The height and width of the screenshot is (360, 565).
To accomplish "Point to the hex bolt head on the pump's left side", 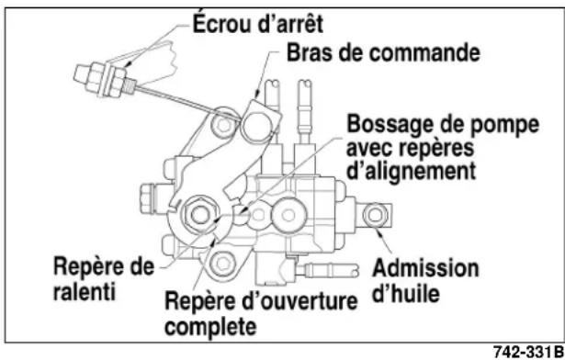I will pos(149,195).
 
